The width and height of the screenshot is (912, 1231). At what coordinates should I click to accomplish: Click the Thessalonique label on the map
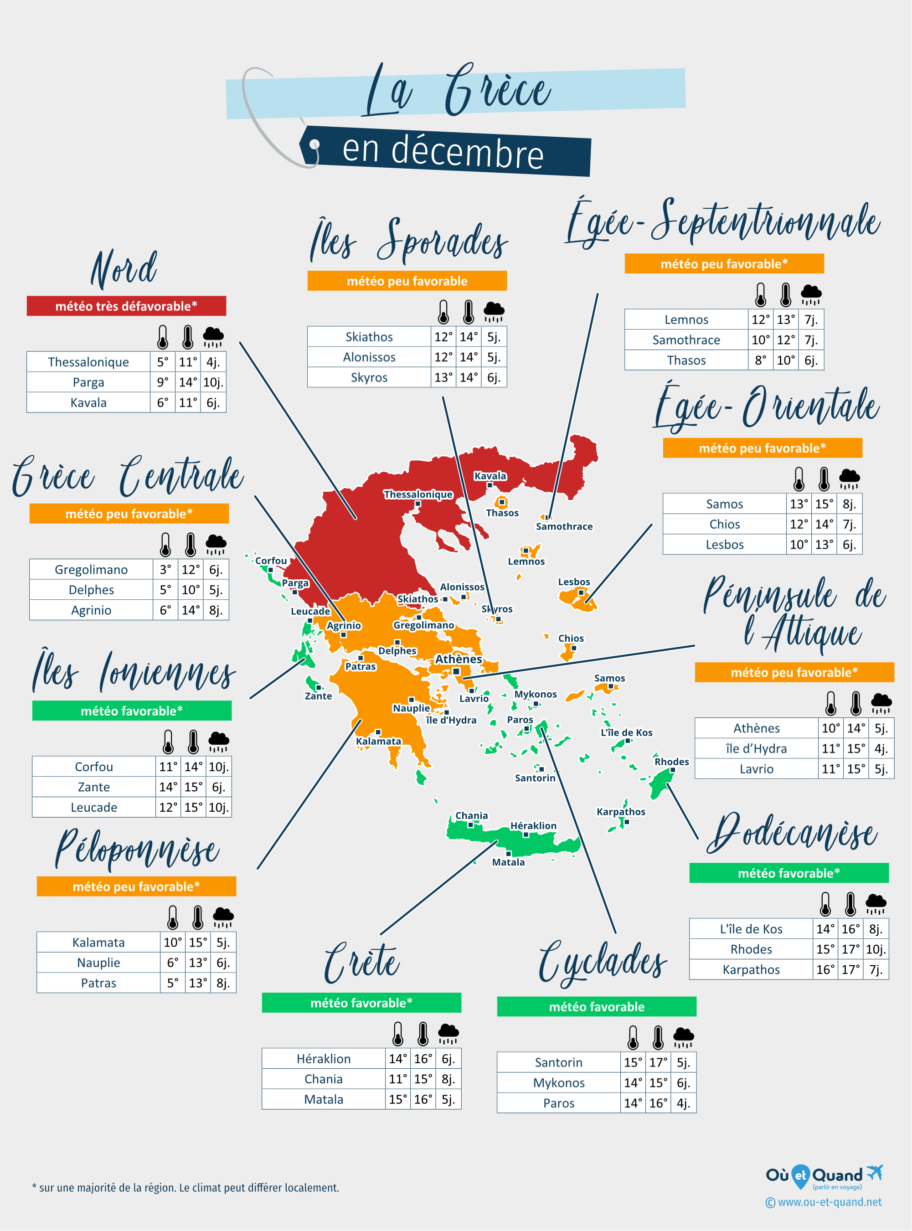click(x=418, y=494)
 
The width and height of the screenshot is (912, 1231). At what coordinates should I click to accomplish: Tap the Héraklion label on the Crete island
click(x=533, y=825)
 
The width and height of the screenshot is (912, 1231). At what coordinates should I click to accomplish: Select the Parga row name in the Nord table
click(x=88, y=382)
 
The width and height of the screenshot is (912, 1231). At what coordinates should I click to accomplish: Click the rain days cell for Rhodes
click(x=876, y=949)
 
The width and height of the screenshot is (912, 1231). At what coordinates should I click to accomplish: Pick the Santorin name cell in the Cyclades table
click(x=558, y=1062)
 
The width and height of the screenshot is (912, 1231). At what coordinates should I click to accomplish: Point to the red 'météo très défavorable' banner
click(x=126, y=306)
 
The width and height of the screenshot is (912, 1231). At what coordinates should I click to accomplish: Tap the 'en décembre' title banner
click(x=444, y=151)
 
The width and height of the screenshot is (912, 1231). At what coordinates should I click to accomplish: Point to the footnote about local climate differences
click(x=185, y=1187)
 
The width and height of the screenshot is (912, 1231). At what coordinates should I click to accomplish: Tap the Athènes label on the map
click(x=458, y=659)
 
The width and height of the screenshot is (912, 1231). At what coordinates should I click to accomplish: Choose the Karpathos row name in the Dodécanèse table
click(x=751, y=969)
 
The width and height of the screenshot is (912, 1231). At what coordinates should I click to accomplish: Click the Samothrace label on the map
click(x=564, y=526)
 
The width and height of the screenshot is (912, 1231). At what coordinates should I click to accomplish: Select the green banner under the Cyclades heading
click(x=596, y=1006)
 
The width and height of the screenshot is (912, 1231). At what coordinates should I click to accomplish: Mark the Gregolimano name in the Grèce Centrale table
click(x=91, y=569)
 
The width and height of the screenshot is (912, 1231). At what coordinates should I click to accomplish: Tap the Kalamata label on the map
click(x=378, y=741)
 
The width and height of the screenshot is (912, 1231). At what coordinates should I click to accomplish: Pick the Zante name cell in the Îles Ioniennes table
click(x=94, y=787)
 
